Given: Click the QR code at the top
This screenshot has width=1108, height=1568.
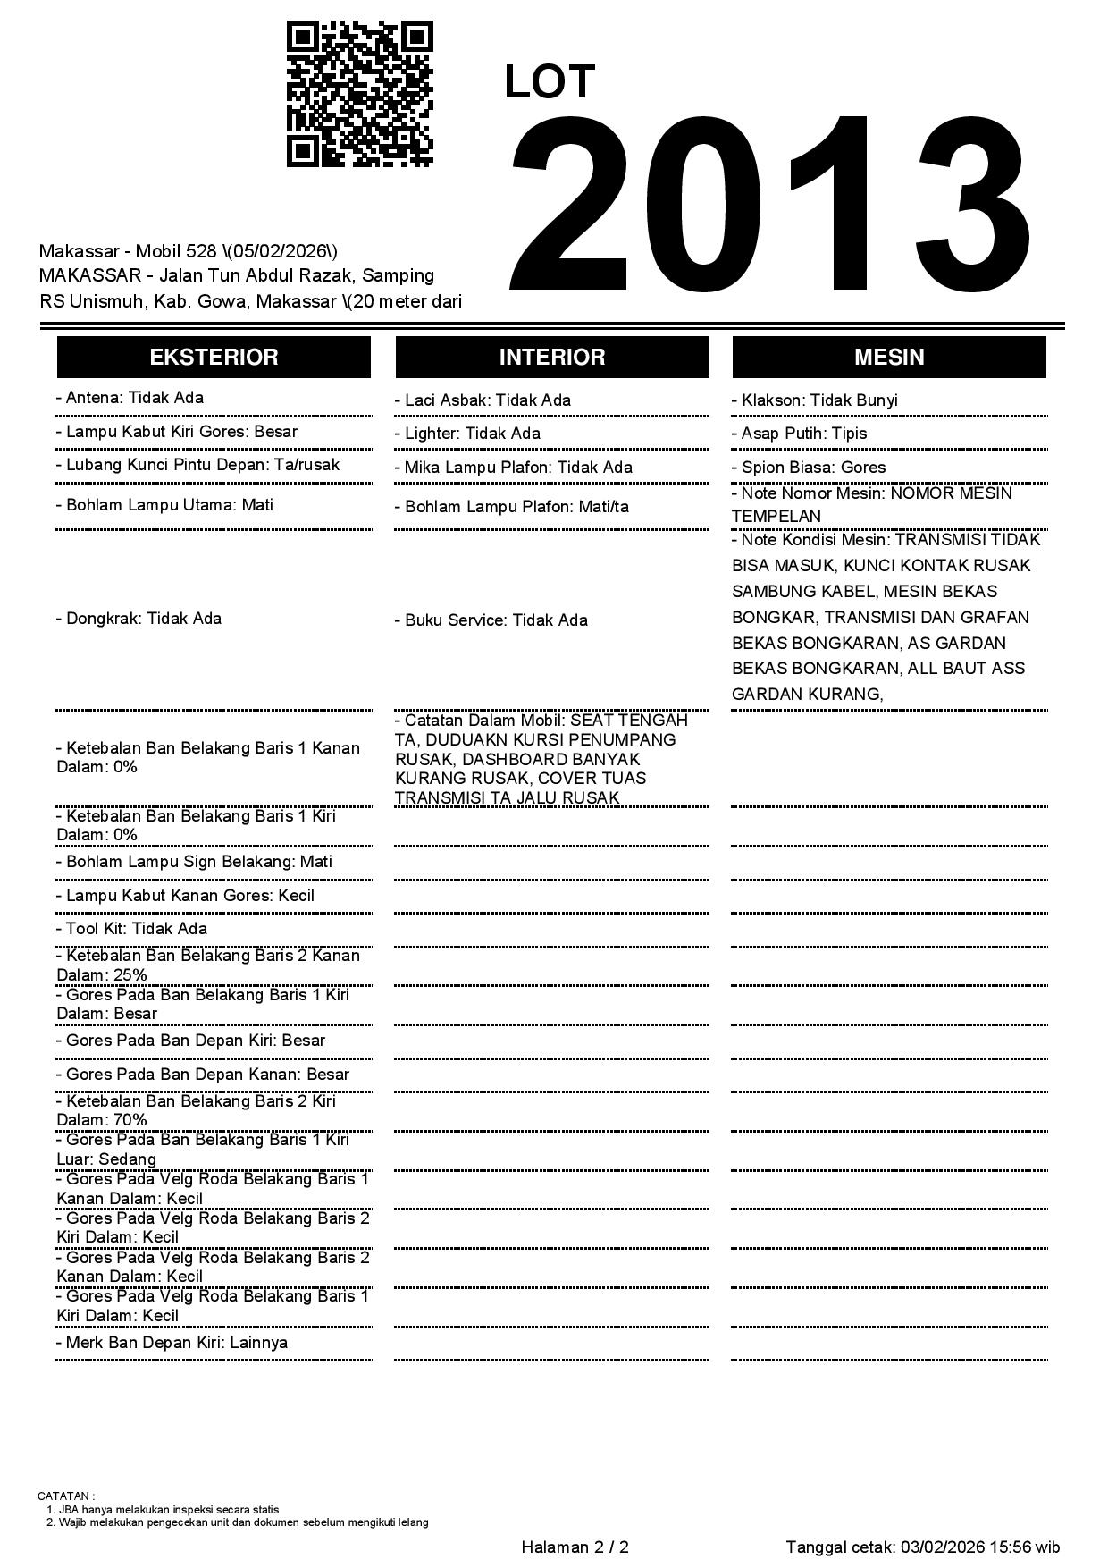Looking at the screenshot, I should click(x=359, y=95).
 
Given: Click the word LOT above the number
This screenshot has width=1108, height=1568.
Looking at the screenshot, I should click(x=549, y=82).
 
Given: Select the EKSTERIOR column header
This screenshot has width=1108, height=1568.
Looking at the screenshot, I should click(x=214, y=357).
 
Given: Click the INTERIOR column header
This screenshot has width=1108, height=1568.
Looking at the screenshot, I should click(x=552, y=357).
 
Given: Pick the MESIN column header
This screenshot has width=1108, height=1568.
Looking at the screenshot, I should click(x=889, y=357).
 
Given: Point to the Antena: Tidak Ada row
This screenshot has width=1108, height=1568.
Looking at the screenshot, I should click(x=130, y=398).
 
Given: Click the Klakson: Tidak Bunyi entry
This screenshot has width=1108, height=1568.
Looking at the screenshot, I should click(x=814, y=400).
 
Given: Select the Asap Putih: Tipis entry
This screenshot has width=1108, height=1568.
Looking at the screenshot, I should click(x=799, y=434).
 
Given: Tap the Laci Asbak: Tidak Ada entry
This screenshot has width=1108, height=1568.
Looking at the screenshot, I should click(x=483, y=400).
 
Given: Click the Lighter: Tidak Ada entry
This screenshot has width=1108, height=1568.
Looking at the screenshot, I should click(x=467, y=434).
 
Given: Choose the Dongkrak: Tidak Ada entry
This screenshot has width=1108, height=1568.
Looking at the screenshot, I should click(x=138, y=619).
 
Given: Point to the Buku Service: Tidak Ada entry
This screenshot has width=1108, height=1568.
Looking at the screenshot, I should click(x=491, y=620).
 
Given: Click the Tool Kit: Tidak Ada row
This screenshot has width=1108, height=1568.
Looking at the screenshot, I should click(x=131, y=929).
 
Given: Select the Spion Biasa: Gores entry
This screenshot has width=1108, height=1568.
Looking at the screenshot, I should click(x=809, y=468).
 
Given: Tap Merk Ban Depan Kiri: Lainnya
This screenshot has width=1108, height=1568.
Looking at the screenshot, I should click(x=172, y=1343).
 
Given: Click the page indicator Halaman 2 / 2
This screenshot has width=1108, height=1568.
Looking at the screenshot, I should click(x=575, y=1547).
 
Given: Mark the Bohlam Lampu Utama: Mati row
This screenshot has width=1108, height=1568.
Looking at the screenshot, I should click(x=164, y=505).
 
